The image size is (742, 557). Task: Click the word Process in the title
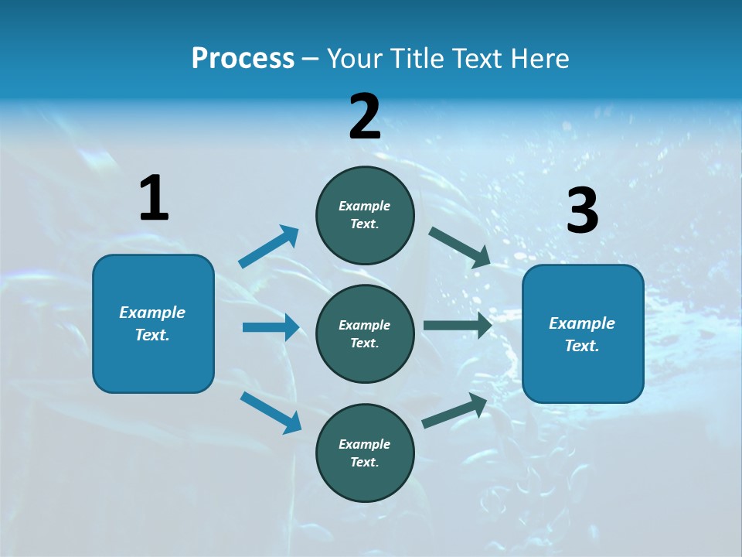click(x=243, y=58)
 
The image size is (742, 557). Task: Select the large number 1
click(x=154, y=199)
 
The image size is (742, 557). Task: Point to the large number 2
click(x=365, y=117)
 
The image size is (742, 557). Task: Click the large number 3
click(x=582, y=211)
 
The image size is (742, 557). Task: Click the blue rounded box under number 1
click(x=153, y=364)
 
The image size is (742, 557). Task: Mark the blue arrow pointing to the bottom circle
click(x=271, y=412)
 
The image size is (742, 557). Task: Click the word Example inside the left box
click(x=152, y=313)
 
